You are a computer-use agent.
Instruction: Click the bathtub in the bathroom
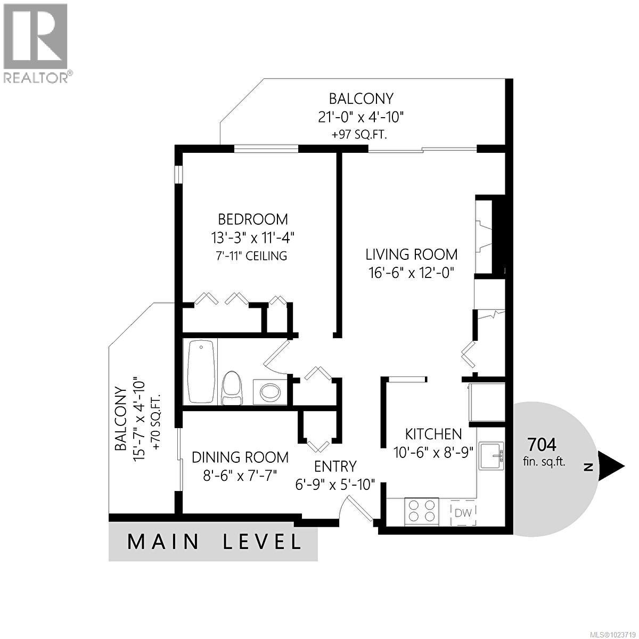click(x=201, y=371)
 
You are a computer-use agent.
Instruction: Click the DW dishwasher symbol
click(x=463, y=513)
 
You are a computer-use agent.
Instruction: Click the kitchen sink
click(x=491, y=456)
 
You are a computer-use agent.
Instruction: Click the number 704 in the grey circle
click(x=542, y=444)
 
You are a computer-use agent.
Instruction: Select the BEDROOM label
click(x=253, y=219)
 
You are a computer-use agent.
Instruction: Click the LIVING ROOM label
click(x=411, y=254)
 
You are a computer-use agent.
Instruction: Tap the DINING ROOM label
click(x=240, y=457)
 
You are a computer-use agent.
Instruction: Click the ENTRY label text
click(x=335, y=466)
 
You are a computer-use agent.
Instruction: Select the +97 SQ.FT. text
click(x=359, y=135)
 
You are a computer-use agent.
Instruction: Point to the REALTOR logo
click(x=36, y=43)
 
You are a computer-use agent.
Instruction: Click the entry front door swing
click(x=360, y=508)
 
